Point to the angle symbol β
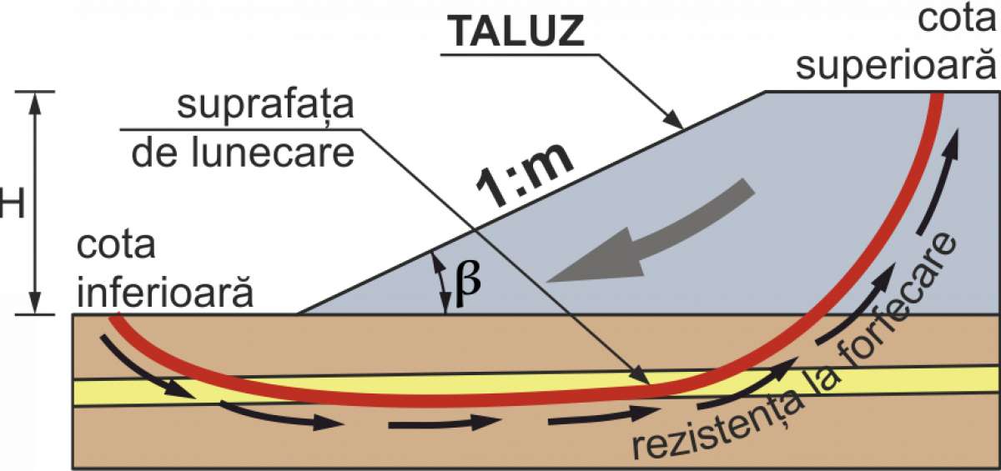468,282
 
